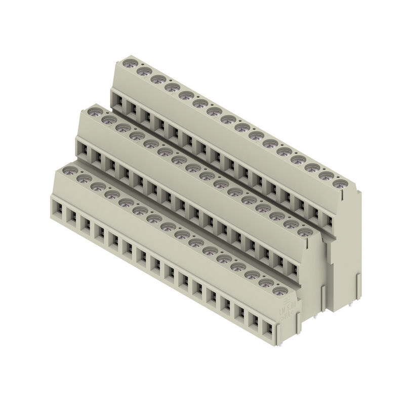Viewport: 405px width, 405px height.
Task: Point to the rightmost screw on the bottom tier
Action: click(x=279, y=292)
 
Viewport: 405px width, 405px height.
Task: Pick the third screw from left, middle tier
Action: click(x=121, y=129)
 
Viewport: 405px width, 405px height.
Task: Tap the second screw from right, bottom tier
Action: click(x=265, y=283)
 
